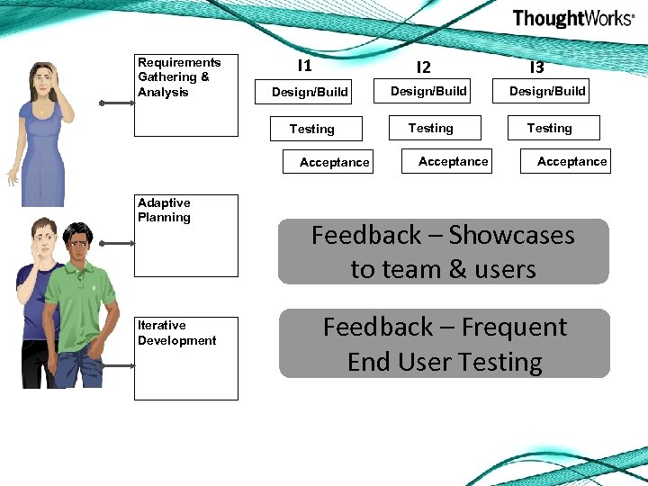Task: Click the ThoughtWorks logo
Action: (x=572, y=19)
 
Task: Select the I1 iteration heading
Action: (x=304, y=66)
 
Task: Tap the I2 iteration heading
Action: (x=423, y=67)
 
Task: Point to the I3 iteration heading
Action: (x=536, y=67)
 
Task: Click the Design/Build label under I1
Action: (x=310, y=92)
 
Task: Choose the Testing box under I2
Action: (x=431, y=128)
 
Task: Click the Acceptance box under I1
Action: (x=334, y=162)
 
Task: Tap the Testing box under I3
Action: (x=549, y=128)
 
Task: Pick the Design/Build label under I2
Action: (x=428, y=91)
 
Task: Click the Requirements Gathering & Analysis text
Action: (x=179, y=77)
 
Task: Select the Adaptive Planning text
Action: (x=164, y=210)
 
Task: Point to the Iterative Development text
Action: (x=176, y=333)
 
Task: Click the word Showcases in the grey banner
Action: (x=511, y=236)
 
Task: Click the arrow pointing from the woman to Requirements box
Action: (x=114, y=103)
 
